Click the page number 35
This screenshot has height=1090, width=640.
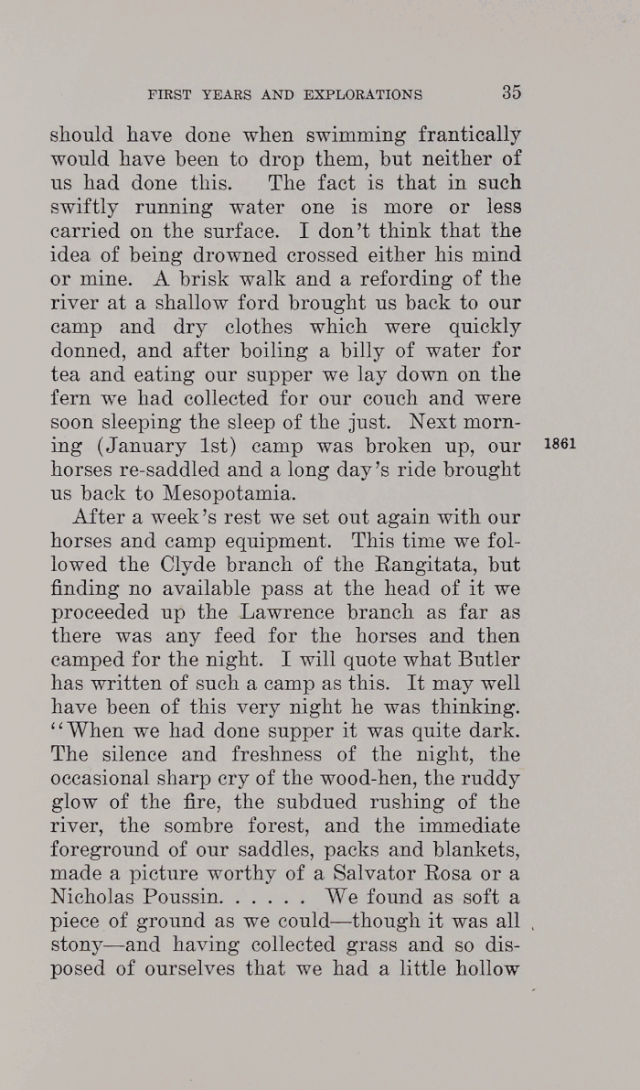pyautogui.click(x=510, y=92)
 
